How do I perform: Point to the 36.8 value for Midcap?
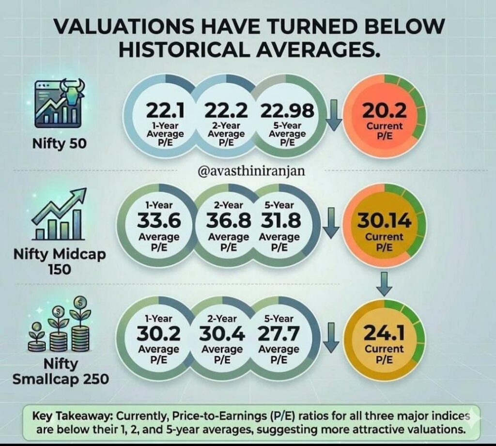(x=229, y=221)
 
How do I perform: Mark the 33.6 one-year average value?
(x=159, y=221)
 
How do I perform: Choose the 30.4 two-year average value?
(x=222, y=334)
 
